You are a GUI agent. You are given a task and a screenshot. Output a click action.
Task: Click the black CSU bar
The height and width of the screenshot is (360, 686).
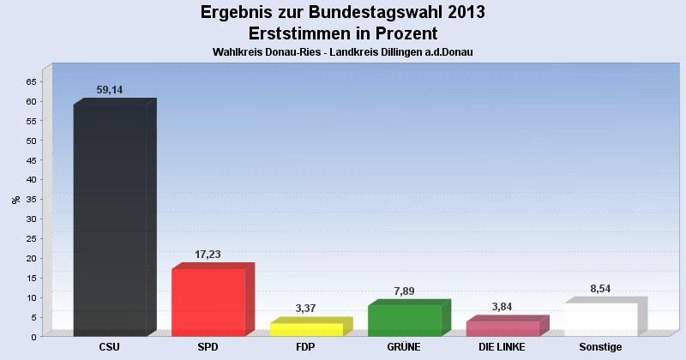110,219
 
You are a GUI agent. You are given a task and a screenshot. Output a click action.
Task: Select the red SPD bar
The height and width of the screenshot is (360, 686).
208,302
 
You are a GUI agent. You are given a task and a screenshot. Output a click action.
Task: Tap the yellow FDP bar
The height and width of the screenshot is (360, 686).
306,329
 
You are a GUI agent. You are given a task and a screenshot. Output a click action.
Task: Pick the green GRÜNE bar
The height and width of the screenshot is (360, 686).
404,320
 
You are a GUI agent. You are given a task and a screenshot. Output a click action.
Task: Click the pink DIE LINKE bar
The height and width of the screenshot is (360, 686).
502,328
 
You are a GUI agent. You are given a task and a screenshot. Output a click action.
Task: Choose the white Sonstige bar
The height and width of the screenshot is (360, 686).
600,319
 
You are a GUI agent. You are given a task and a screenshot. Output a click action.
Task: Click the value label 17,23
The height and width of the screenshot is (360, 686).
209,255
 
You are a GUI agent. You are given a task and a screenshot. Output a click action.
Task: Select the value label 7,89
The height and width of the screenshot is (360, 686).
404,291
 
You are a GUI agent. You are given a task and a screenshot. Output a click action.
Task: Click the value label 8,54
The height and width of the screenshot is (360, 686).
600,289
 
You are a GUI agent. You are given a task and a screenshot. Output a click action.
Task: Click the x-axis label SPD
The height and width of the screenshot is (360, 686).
208,347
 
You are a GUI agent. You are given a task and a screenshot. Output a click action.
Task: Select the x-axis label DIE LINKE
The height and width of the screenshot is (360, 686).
502,347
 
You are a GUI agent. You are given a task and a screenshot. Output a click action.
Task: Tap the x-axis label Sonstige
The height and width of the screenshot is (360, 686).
600,347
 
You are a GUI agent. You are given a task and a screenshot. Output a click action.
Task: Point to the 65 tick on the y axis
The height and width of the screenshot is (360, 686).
31,81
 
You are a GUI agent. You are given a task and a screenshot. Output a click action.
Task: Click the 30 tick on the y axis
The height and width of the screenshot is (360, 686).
31,219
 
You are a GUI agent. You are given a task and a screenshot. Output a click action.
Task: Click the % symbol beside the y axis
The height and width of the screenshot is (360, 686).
15,200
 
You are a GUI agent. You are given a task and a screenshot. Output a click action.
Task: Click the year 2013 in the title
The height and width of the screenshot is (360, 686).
462,13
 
